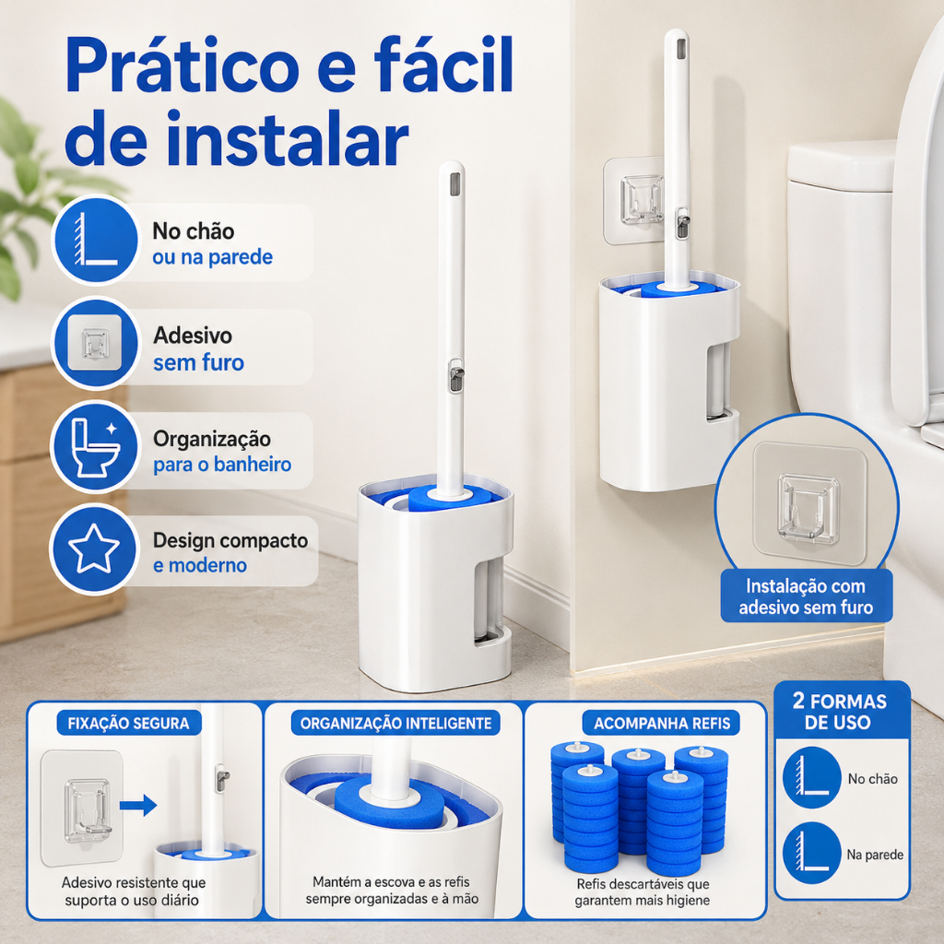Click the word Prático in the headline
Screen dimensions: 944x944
[x=182, y=65]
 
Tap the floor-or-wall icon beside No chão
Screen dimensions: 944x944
[x=96, y=240]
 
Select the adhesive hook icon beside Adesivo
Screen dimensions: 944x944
[x=96, y=343]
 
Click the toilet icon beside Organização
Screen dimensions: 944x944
[x=95, y=447]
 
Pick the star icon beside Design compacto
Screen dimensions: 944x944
[x=94, y=549]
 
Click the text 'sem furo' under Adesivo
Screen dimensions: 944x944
[x=199, y=363]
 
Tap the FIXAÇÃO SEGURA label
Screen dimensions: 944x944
[x=128, y=723]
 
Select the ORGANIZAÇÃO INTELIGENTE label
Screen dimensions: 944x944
[x=396, y=723]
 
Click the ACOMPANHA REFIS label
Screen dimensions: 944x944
[x=662, y=723]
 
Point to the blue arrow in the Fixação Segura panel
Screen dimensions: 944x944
[x=138, y=806]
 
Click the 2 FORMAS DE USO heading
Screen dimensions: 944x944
[x=840, y=711]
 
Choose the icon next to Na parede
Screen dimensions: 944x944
[x=811, y=853]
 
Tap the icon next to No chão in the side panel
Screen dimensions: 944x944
[x=811, y=777]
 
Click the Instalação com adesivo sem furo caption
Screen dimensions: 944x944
[x=806, y=596]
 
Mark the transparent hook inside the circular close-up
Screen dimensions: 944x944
[x=808, y=505]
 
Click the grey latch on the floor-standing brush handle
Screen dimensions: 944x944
[x=456, y=376]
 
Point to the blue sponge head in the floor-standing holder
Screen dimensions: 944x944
[x=436, y=497]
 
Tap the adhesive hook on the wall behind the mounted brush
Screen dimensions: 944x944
[x=642, y=199]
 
